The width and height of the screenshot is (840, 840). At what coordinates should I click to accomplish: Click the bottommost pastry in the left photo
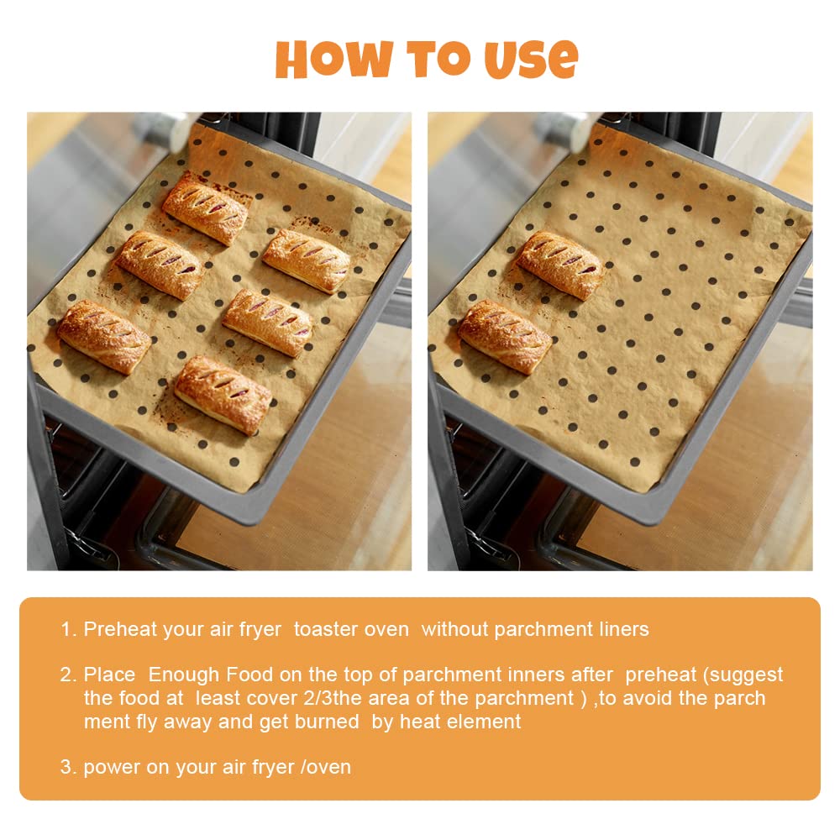click(223, 394)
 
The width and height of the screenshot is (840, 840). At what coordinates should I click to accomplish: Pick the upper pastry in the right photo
click(560, 265)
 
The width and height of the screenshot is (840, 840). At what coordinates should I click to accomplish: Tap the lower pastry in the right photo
click(504, 336)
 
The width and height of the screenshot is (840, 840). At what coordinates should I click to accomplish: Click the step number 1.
click(66, 629)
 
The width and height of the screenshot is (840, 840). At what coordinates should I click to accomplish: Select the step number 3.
click(66, 766)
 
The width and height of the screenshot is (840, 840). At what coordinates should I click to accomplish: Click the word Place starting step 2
click(109, 675)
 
